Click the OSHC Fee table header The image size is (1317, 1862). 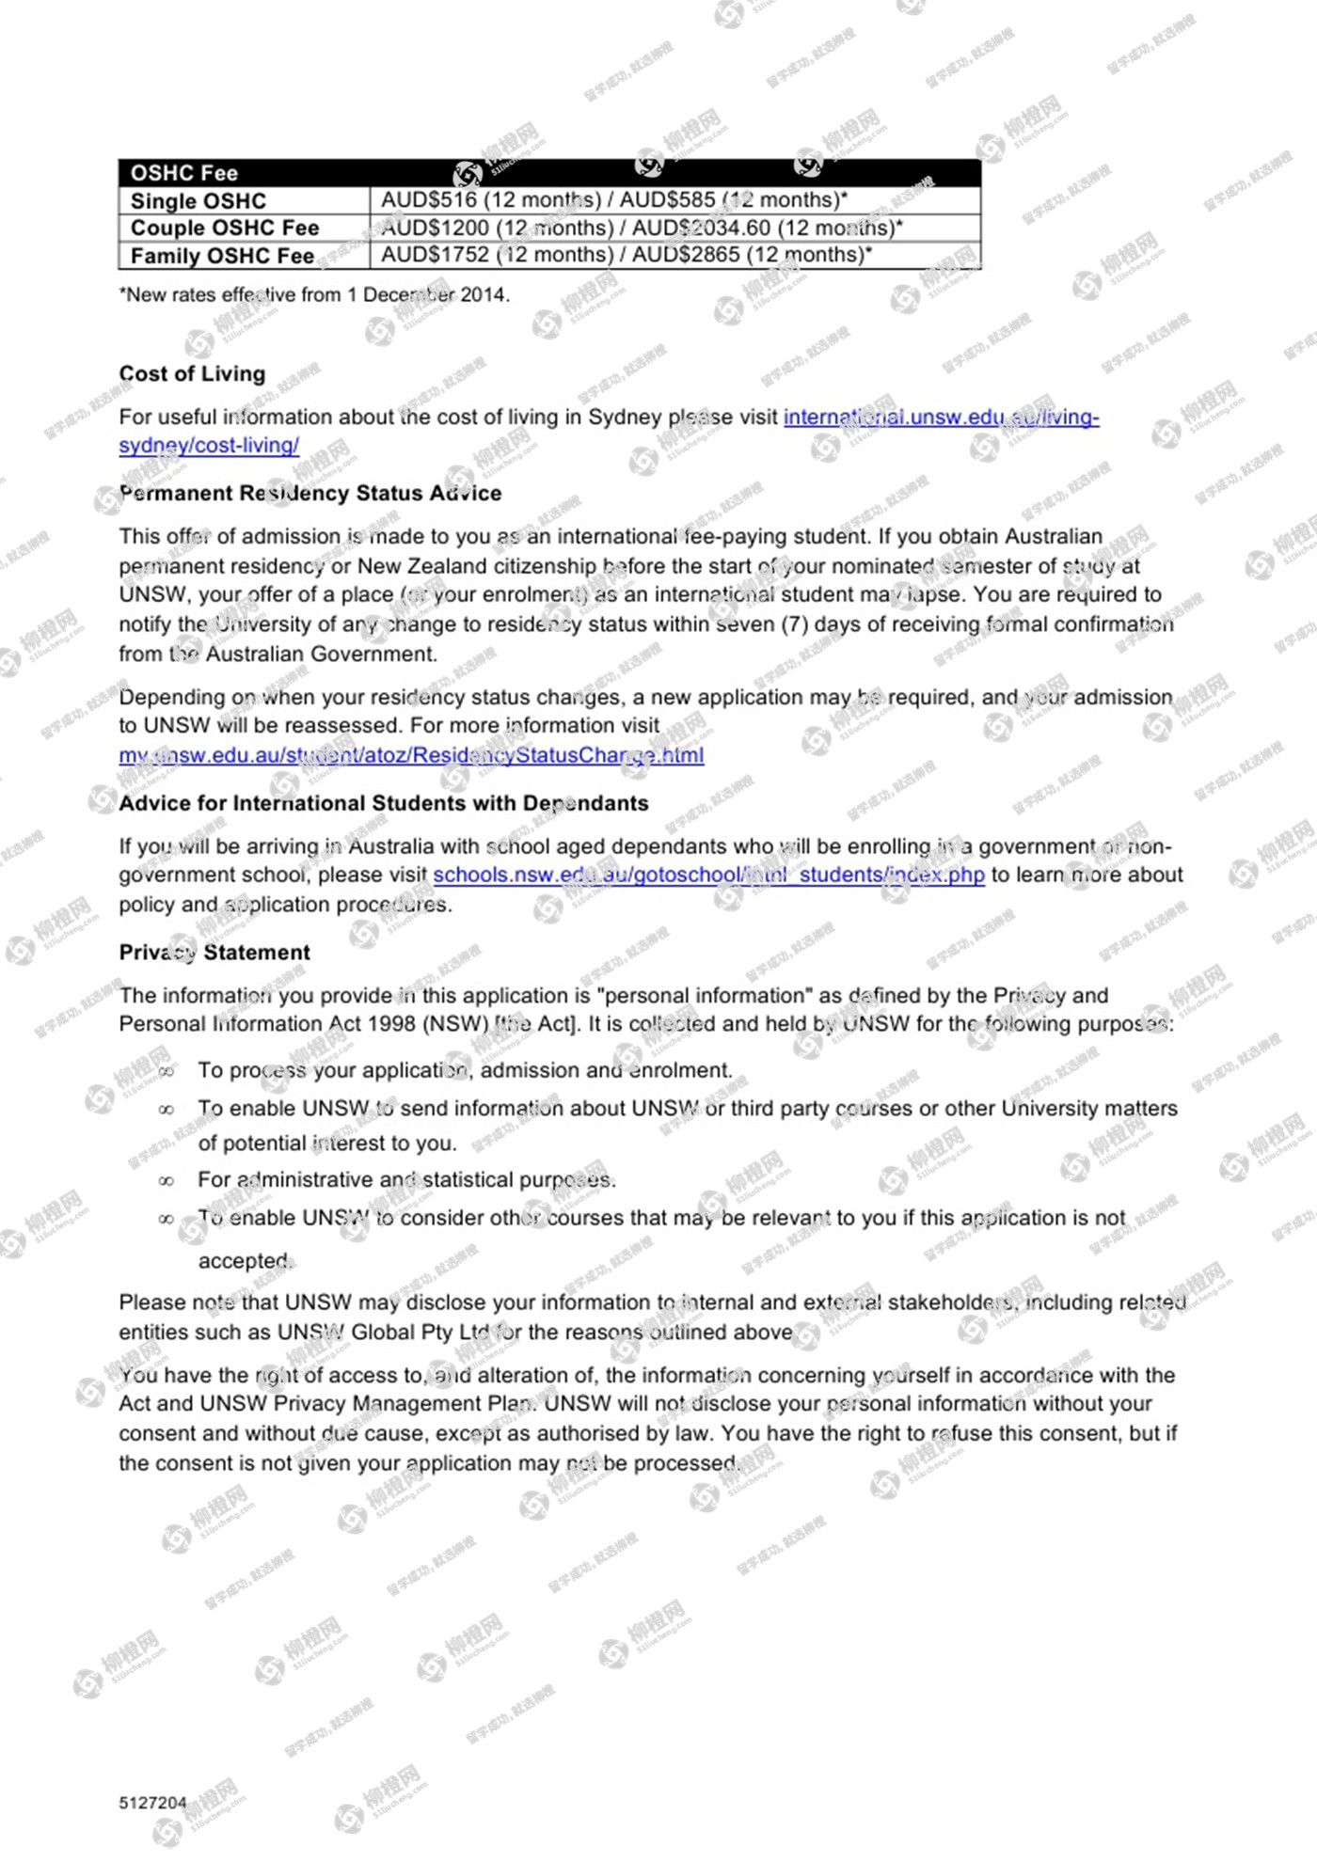pos(184,173)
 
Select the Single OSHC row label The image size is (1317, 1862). pos(198,201)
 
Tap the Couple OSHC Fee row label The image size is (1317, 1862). pos(225,228)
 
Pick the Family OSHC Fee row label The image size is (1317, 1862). pos(222,256)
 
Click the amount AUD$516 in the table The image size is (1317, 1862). pos(429,200)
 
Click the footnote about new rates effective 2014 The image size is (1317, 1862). pos(314,294)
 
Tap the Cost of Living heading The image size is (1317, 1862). pos(192,373)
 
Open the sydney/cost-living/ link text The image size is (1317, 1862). pos(209,446)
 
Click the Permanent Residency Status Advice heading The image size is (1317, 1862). pos(310,493)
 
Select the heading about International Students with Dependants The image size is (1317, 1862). pos(384,803)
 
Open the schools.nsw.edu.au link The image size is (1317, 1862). pos(708,875)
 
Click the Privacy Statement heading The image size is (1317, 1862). pos(214,952)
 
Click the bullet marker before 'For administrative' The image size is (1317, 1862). pos(167,1181)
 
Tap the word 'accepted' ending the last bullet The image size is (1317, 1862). pos(245,1261)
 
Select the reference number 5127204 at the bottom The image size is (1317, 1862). pos(152,1803)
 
